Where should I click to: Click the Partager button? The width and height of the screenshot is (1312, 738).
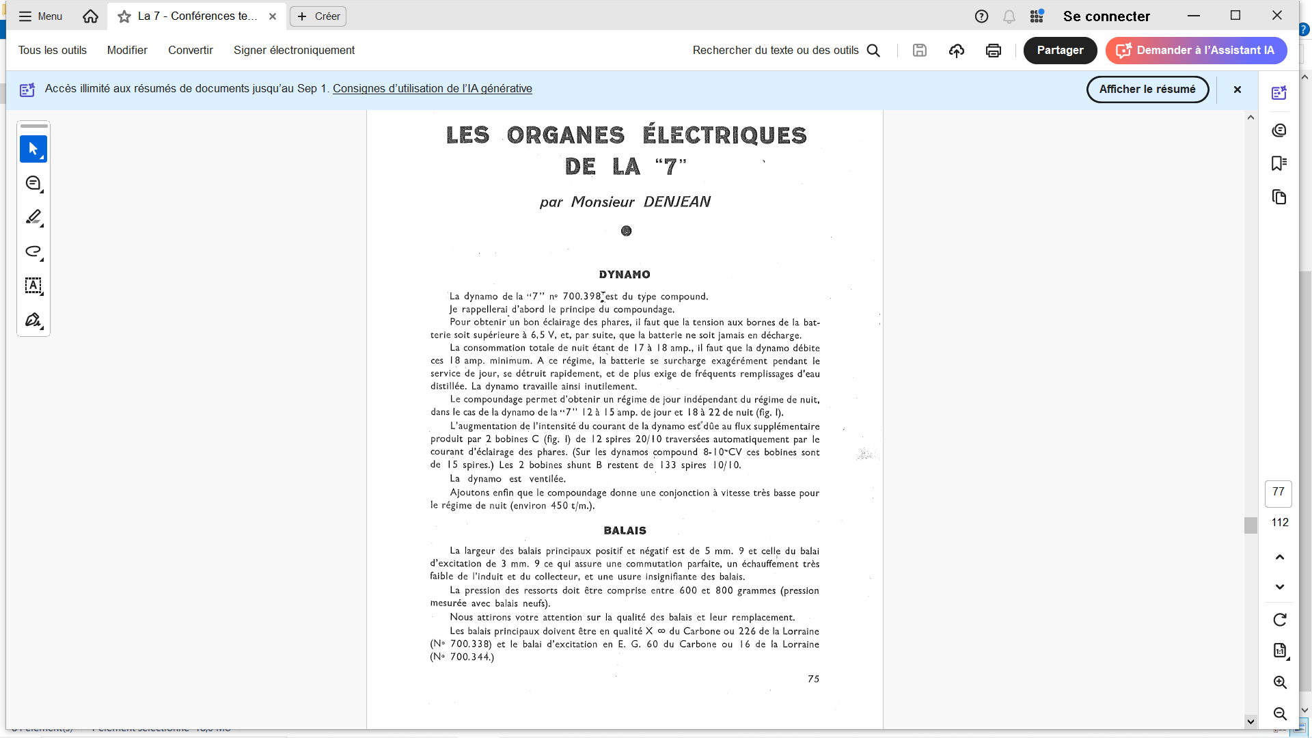point(1060,51)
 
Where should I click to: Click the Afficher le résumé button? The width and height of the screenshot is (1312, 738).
point(1147,90)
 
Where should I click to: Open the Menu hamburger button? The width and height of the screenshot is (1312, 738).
point(40,16)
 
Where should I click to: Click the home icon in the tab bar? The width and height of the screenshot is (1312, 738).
point(90,16)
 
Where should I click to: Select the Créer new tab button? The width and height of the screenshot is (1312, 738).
point(318,16)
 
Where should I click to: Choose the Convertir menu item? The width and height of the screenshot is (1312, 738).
point(191,51)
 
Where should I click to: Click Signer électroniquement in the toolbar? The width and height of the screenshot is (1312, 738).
point(294,51)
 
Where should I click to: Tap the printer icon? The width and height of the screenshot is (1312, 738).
point(994,51)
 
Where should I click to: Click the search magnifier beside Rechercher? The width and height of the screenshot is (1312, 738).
point(873,51)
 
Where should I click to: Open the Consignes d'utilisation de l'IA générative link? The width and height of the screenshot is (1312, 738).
point(432,89)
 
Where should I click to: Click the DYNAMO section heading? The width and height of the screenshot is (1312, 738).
point(625,275)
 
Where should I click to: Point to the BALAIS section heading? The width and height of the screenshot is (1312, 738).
point(625,531)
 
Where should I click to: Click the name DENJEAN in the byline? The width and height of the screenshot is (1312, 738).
point(676,202)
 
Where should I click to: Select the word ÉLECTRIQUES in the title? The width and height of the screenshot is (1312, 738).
point(724,135)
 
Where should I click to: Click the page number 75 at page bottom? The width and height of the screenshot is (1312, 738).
point(813,679)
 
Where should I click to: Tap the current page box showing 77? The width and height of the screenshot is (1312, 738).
point(1279,493)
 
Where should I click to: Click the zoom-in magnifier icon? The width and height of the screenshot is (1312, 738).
point(1280,683)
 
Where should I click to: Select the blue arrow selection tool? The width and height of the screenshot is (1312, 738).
point(33,149)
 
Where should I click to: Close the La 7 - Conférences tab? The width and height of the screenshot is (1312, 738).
point(273,16)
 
